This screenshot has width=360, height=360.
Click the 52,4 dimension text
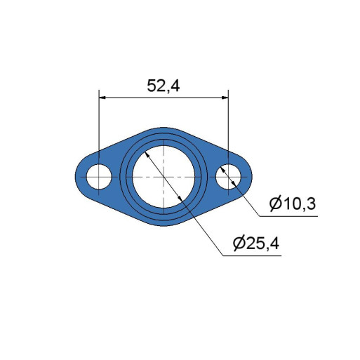[164, 86]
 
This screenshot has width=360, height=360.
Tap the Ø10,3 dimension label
[293, 204]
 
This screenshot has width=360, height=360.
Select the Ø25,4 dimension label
[256, 244]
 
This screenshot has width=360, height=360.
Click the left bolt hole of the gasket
[99, 177]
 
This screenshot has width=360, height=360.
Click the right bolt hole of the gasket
[228, 177]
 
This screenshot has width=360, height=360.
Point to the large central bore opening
[164, 177]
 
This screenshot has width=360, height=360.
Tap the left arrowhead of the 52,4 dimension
[102, 98]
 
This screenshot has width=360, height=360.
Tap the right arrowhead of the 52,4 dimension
[225, 98]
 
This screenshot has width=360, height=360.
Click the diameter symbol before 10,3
[275, 204]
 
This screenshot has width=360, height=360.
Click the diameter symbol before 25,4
[239, 244]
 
